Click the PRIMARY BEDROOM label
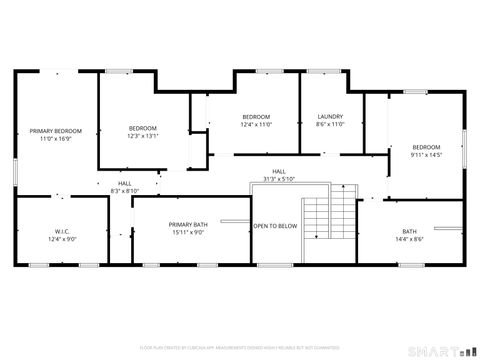(55, 131)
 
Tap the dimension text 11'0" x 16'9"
(55, 139)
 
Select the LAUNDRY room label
(330, 117)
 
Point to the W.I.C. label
(61, 232)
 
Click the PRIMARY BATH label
(188, 224)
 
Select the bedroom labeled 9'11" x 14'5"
(426, 151)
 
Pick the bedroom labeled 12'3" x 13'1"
(143, 132)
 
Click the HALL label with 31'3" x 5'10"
(279, 175)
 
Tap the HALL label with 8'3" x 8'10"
(125, 187)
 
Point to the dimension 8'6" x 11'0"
(330, 125)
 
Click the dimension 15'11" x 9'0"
(188, 232)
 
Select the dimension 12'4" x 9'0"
(61, 240)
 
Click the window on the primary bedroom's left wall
(15, 169)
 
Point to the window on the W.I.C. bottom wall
(40, 265)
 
